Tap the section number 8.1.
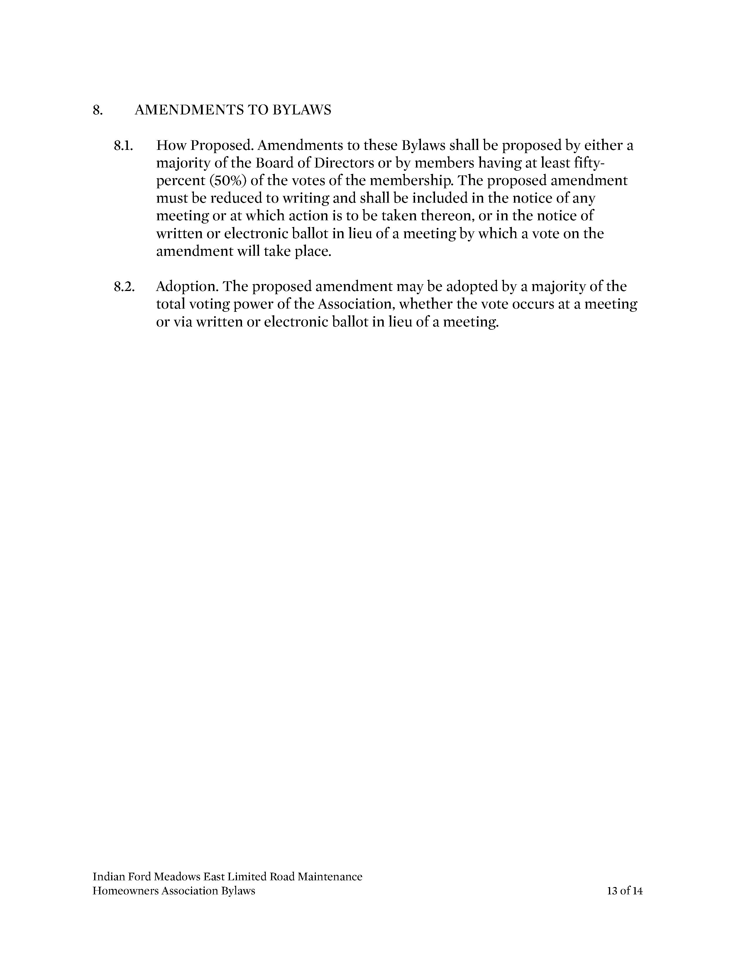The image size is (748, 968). click(x=123, y=145)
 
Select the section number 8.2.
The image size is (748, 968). click(x=123, y=286)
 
